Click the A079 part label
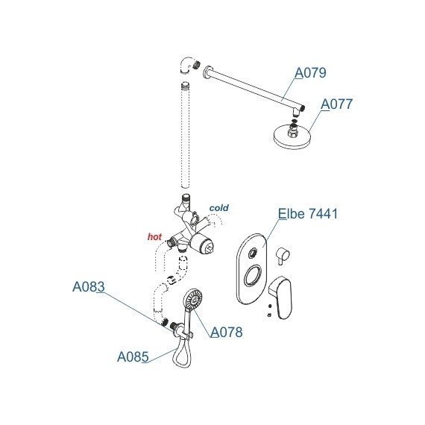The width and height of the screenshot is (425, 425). tap(310, 72)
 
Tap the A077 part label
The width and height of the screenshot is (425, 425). tap(336, 104)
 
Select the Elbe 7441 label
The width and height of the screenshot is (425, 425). tap(308, 213)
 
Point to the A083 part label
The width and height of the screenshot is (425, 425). tap(89, 286)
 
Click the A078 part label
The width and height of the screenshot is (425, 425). tap(227, 332)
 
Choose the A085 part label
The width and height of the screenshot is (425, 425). tap(133, 356)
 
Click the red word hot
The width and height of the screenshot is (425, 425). tap(154, 236)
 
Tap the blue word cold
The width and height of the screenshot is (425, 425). tap(219, 208)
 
